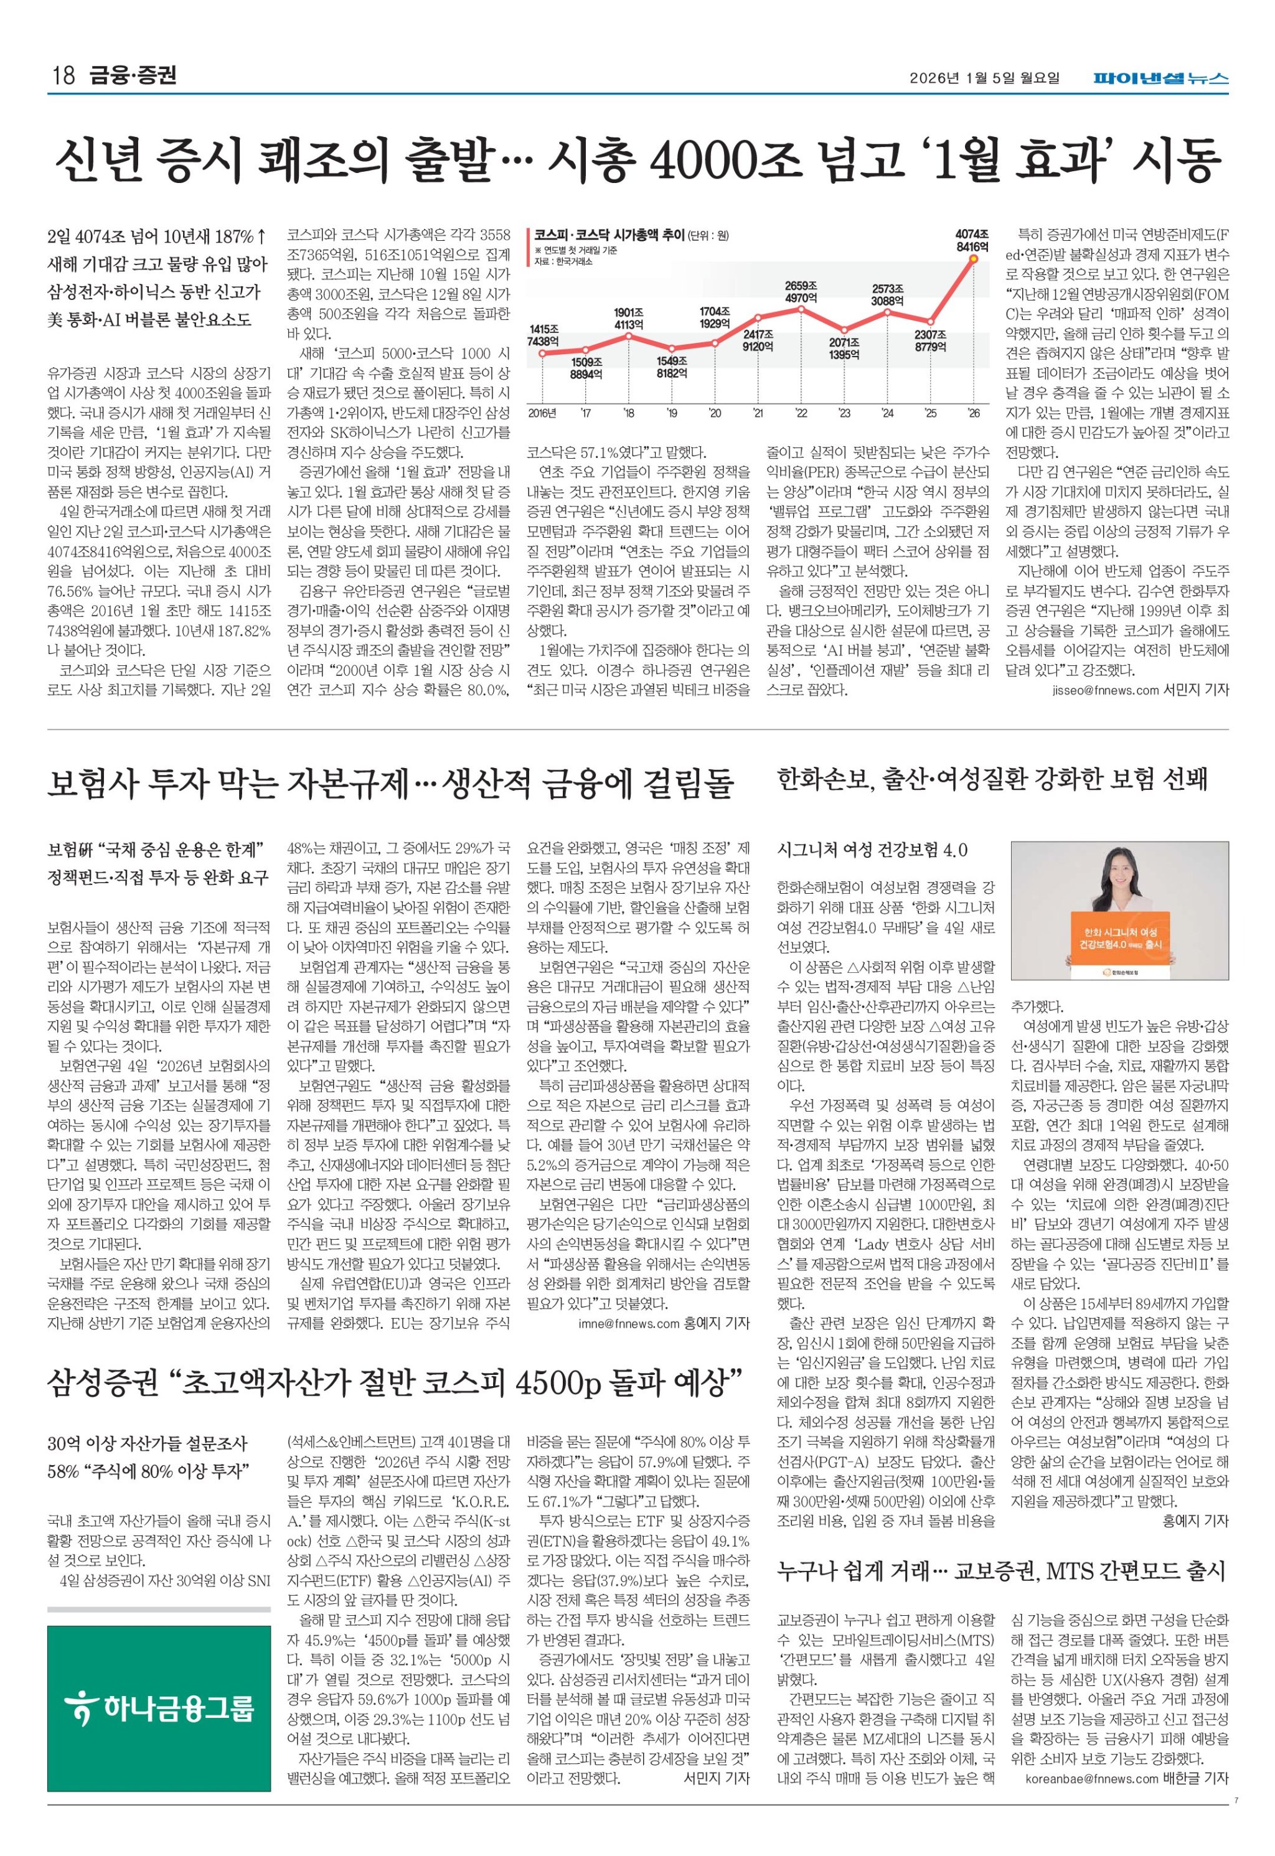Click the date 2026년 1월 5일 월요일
[984, 78]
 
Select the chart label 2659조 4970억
[801, 291]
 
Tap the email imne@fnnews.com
[629, 1323]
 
